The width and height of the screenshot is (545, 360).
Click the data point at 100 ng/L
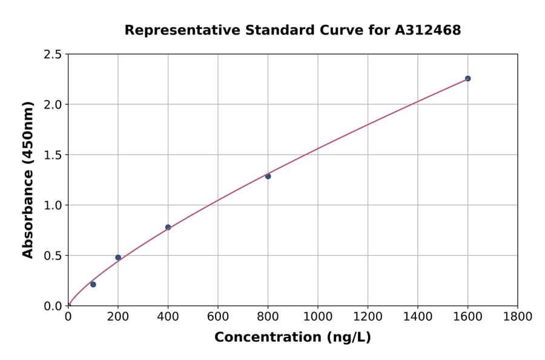93,284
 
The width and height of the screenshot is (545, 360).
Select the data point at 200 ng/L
118,258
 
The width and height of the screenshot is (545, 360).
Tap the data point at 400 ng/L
168,227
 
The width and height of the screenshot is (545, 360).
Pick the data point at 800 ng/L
268,176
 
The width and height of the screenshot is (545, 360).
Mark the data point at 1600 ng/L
467,78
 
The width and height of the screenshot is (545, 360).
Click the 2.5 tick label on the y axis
53,55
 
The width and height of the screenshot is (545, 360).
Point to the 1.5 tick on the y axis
53,155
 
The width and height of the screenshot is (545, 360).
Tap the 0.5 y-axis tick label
53,256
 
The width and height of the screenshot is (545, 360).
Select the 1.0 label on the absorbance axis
53,205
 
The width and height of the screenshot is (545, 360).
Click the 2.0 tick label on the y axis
53,105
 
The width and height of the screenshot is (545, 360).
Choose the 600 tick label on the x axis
218,316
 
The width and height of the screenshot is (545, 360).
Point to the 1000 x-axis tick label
318,316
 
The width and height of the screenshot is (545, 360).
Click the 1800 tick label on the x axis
518,316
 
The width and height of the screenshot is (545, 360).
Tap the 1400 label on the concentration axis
418,316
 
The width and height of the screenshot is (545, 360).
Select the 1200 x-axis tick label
368,316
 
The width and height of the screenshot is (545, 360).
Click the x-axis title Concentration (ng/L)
292,338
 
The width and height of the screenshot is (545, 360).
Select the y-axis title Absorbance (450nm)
28,180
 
